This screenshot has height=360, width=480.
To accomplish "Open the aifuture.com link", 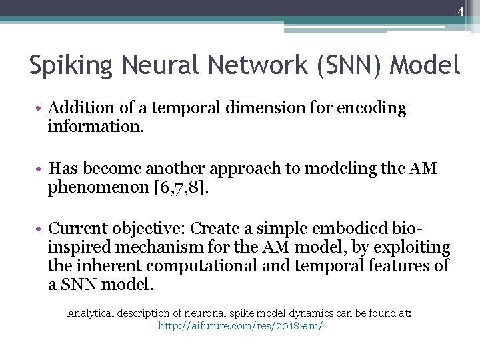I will click(x=240, y=327).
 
